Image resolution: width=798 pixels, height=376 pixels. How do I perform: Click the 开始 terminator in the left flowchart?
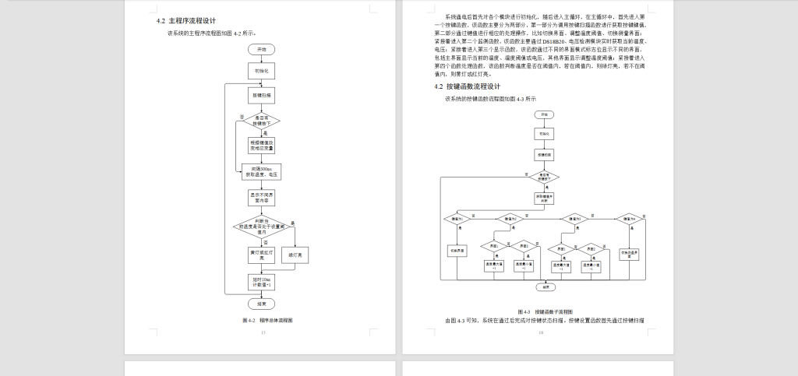259,48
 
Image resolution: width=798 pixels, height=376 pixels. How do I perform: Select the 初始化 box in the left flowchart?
259,71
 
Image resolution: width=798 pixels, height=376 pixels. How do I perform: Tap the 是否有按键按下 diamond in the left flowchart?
259,121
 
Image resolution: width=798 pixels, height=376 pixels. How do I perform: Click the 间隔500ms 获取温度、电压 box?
259,171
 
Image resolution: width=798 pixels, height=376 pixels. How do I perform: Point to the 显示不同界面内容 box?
259,197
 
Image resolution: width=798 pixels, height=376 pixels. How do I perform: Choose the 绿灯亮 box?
294,255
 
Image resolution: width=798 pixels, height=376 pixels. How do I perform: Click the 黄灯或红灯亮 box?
259,255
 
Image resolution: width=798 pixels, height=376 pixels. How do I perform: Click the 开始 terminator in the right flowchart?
543,114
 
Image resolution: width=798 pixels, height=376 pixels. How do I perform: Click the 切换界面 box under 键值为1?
457,251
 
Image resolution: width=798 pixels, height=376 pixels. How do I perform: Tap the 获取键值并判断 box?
543,198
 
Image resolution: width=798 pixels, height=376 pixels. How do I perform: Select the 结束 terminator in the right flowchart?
543,286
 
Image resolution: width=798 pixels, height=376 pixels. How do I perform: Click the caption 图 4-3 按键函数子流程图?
546,311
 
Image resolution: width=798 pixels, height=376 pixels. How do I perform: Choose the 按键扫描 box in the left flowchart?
259,95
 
